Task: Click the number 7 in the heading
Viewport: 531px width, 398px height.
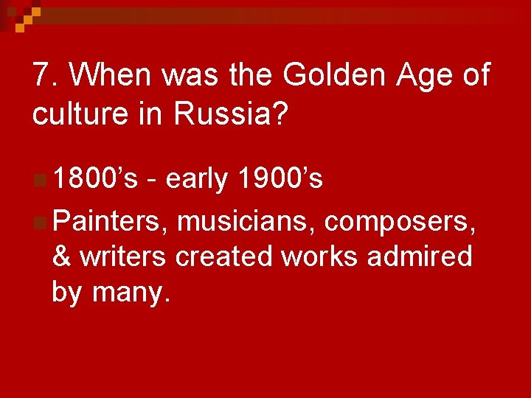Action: [x=41, y=75]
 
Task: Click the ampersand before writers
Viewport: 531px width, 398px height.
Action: [x=62, y=256]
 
